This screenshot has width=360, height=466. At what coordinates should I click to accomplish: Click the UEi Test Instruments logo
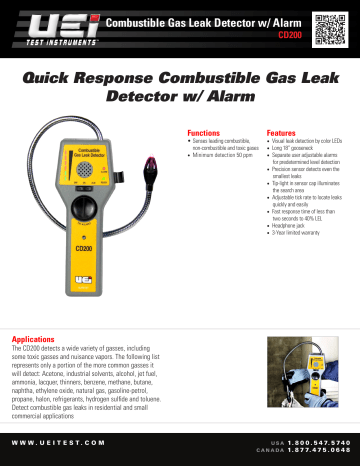(x=53, y=24)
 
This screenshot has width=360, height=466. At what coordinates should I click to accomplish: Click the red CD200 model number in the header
(x=290, y=33)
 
